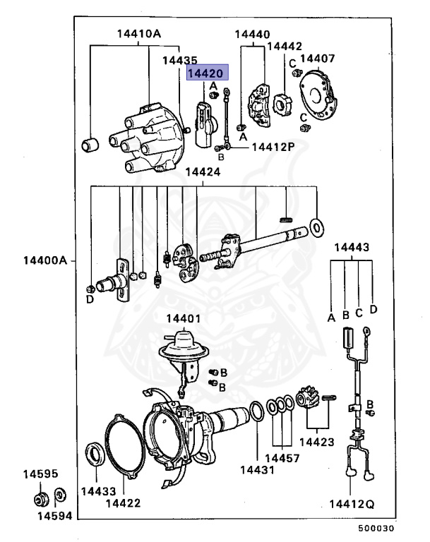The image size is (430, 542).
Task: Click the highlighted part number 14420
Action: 205,73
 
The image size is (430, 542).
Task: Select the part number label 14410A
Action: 139,33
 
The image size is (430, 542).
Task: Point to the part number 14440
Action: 252,34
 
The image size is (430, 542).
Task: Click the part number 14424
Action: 203,172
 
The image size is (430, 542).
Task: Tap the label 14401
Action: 183,318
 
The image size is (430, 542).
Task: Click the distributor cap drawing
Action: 145,138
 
